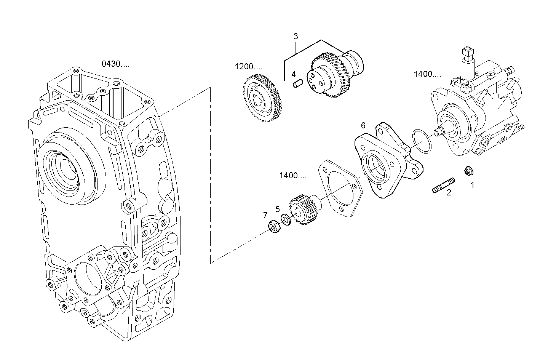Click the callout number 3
point(296,37)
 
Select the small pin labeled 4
point(298,83)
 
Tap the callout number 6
point(363,125)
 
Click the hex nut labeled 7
point(274,226)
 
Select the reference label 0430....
point(115,64)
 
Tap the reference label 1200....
point(248,67)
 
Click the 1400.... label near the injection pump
point(427,74)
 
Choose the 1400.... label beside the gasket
point(292,176)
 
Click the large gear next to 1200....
point(262,98)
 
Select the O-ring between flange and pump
point(422,141)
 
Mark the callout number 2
point(449,193)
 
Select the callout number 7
point(265,216)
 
